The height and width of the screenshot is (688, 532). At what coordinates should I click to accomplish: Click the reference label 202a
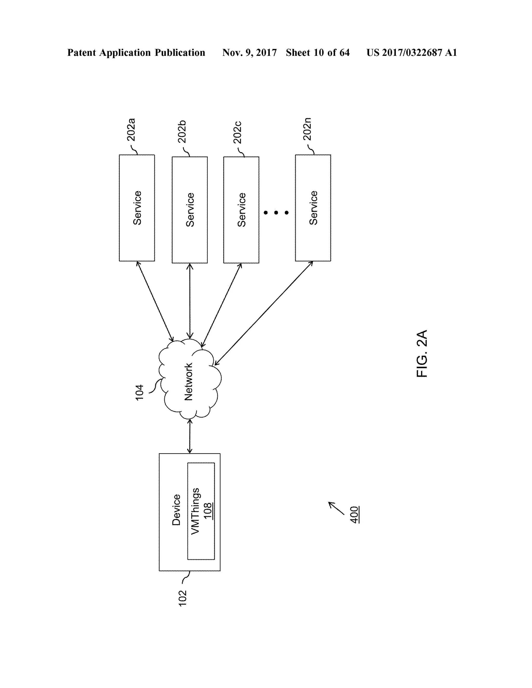[131, 130]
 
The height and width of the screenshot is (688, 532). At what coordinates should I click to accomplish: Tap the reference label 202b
[182, 132]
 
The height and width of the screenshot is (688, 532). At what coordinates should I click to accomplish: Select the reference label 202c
[237, 132]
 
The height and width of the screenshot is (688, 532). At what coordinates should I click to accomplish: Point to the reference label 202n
[307, 129]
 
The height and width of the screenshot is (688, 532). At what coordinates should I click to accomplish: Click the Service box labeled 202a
[137, 208]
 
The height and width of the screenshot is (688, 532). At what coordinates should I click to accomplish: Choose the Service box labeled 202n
[313, 208]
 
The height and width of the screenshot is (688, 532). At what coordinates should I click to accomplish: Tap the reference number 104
[139, 393]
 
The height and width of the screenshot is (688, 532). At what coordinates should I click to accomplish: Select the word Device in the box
[176, 510]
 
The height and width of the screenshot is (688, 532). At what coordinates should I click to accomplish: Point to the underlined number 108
[207, 511]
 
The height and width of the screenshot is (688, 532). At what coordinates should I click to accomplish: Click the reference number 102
[182, 598]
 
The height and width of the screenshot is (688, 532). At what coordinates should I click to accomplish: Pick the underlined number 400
[355, 515]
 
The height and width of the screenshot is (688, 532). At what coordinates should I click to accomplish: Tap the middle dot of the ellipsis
[276, 213]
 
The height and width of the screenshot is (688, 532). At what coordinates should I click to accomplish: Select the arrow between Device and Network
[190, 436]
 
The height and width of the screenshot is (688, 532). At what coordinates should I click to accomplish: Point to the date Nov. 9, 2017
[249, 53]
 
